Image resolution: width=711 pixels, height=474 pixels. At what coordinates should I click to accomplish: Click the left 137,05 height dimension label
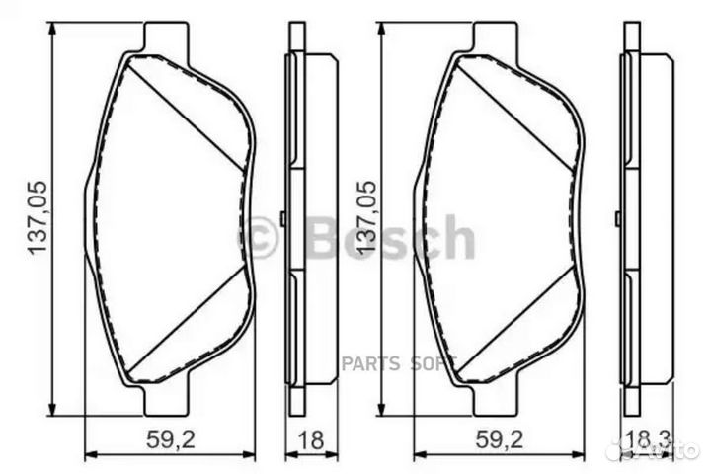38,217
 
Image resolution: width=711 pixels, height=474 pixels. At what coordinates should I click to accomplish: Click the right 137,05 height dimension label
366,217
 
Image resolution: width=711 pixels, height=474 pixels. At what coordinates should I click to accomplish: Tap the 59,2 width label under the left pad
171,439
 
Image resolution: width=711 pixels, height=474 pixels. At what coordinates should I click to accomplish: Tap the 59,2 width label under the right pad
500,439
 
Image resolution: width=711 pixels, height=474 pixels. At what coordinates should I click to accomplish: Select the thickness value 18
312,439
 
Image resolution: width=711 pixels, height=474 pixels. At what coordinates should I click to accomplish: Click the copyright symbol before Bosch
258,237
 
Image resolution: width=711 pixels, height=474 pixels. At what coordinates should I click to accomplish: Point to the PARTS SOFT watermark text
398,363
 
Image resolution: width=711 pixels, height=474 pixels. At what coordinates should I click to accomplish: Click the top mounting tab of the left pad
166,37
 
